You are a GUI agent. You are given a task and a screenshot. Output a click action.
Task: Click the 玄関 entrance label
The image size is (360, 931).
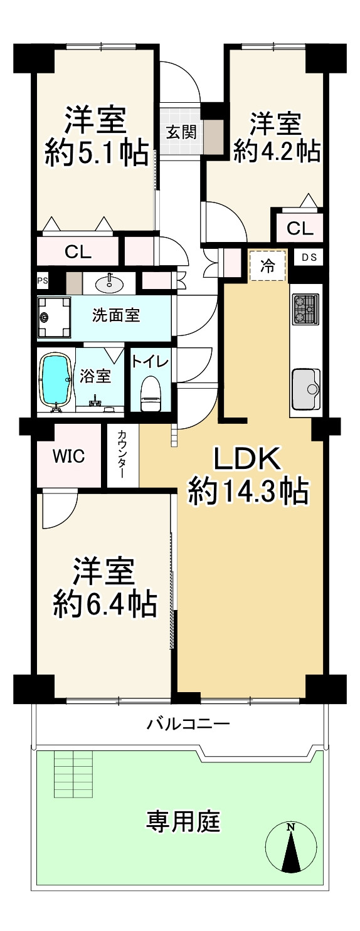(x=182, y=132)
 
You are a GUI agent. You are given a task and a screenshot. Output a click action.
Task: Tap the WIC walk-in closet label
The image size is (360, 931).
(x=68, y=456)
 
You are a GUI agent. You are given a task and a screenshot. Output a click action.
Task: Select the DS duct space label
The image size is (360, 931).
(x=309, y=258)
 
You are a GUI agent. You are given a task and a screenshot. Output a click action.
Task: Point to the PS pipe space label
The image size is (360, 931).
(x=43, y=280)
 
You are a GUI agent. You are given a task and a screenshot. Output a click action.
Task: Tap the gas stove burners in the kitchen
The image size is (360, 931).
(x=305, y=309)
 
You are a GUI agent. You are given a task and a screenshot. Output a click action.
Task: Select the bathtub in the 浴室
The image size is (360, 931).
(x=55, y=379)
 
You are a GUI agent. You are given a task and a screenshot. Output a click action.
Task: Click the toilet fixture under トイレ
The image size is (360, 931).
(x=150, y=392)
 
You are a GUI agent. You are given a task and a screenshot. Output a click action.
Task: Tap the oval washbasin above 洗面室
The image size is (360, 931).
(x=110, y=285)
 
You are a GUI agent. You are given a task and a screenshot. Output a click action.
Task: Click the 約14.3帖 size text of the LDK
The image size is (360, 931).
(x=248, y=492)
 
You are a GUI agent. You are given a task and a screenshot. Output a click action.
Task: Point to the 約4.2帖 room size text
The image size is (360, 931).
(x=277, y=150)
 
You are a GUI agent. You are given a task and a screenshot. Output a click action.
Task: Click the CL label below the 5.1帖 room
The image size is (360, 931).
(x=78, y=252)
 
